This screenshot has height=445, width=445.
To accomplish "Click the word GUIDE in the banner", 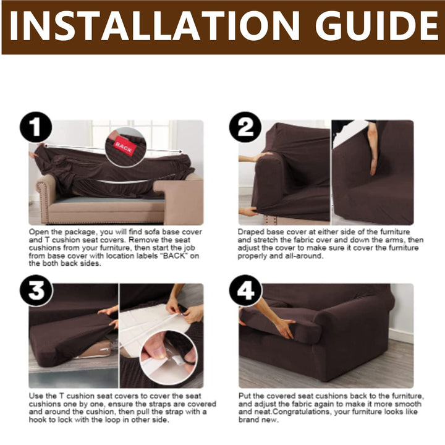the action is tap(377, 26).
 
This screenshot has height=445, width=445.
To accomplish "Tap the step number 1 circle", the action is tap(36, 127).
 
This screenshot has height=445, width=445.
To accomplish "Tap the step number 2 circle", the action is tap(245, 127).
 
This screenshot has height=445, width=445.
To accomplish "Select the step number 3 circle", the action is tap(36, 290).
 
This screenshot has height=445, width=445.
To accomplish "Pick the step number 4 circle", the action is tap(245, 290).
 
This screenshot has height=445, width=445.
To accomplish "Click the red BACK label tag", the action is tap(124, 145).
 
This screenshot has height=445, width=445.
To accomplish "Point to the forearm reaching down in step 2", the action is tap(373, 148).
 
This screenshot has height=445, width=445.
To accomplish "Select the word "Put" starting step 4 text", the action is tap(244, 396).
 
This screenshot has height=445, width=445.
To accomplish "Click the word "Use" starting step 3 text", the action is tap(35, 396).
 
